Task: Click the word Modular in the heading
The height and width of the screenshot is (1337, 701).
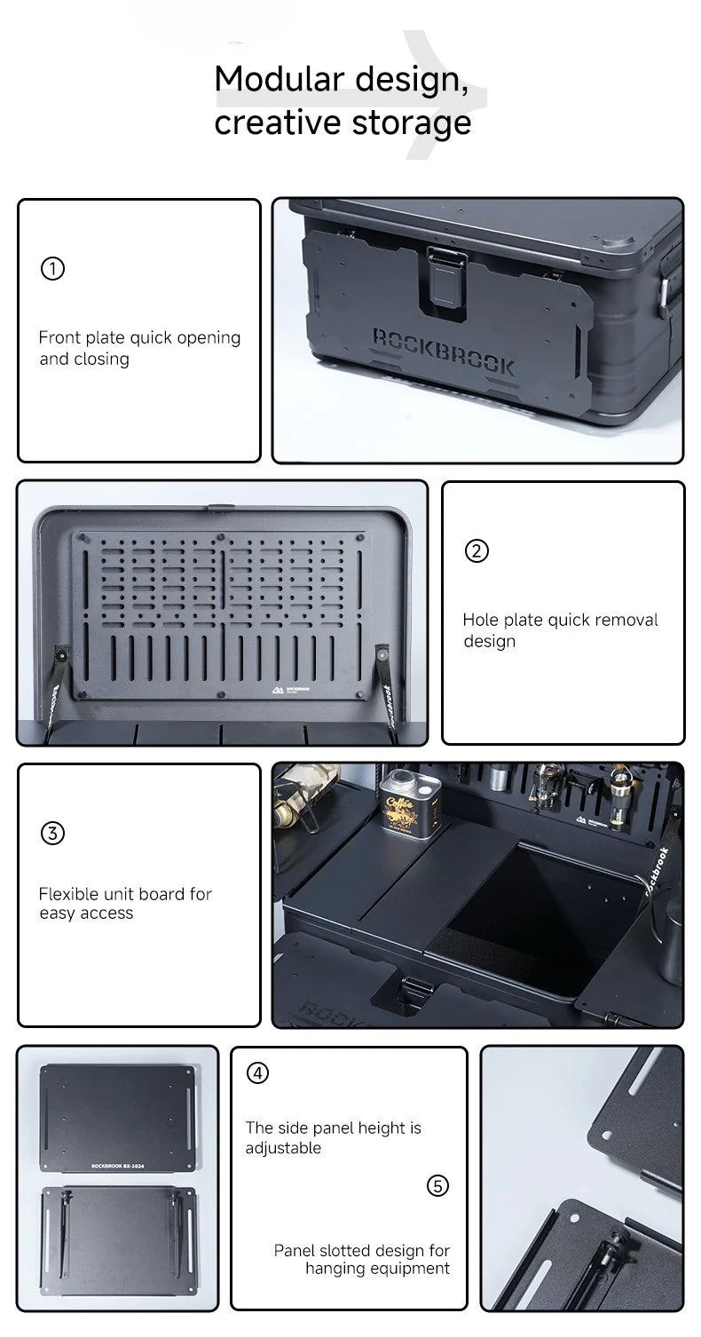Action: click(x=277, y=79)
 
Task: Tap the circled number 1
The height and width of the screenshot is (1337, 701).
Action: click(x=52, y=268)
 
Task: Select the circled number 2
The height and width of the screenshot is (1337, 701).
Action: click(x=477, y=550)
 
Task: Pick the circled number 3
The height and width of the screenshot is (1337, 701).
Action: click(x=52, y=834)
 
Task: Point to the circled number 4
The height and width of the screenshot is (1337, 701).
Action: click(x=257, y=1072)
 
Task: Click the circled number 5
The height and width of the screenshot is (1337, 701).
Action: click(x=438, y=1185)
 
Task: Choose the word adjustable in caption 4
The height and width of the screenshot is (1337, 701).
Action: click(x=283, y=1148)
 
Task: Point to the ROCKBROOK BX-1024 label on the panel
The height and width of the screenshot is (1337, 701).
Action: click(x=116, y=1166)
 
